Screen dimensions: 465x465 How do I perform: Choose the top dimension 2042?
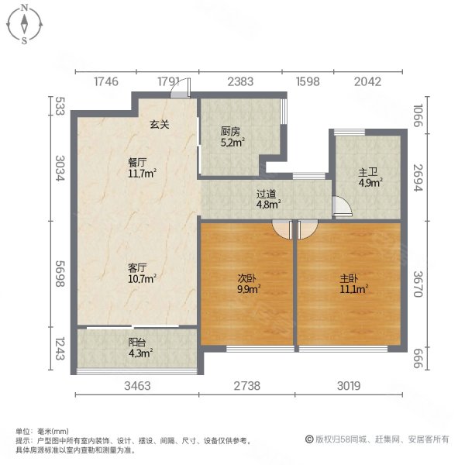367,81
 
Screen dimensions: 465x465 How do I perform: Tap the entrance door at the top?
179,89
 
